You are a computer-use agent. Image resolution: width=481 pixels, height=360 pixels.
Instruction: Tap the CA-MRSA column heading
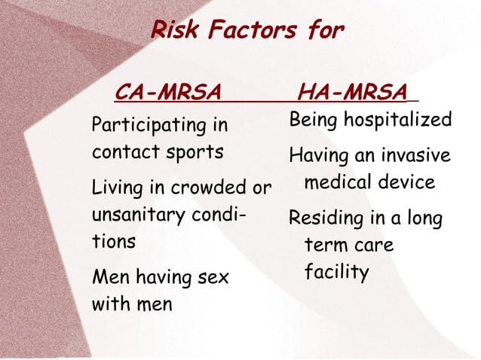click(167, 93)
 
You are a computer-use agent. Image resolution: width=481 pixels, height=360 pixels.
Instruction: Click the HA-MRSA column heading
click(352, 93)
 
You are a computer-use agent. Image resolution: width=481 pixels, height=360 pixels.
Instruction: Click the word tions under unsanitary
click(114, 242)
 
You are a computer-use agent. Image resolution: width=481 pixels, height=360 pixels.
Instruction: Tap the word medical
click(339, 182)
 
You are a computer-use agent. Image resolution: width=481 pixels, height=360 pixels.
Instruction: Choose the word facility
click(336, 272)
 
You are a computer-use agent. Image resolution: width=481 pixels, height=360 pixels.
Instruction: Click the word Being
click(311, 121)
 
